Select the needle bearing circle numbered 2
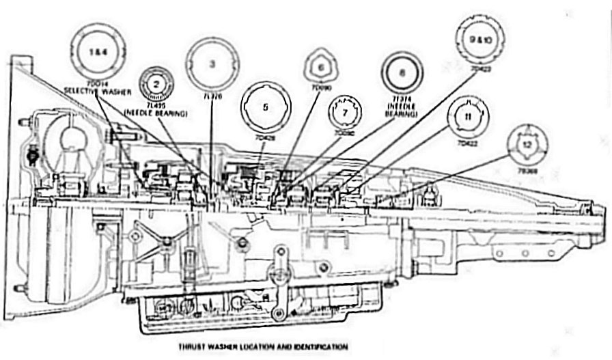156,84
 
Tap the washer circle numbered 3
212,65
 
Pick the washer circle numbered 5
266,107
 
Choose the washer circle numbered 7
345,111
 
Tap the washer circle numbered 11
468,117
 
